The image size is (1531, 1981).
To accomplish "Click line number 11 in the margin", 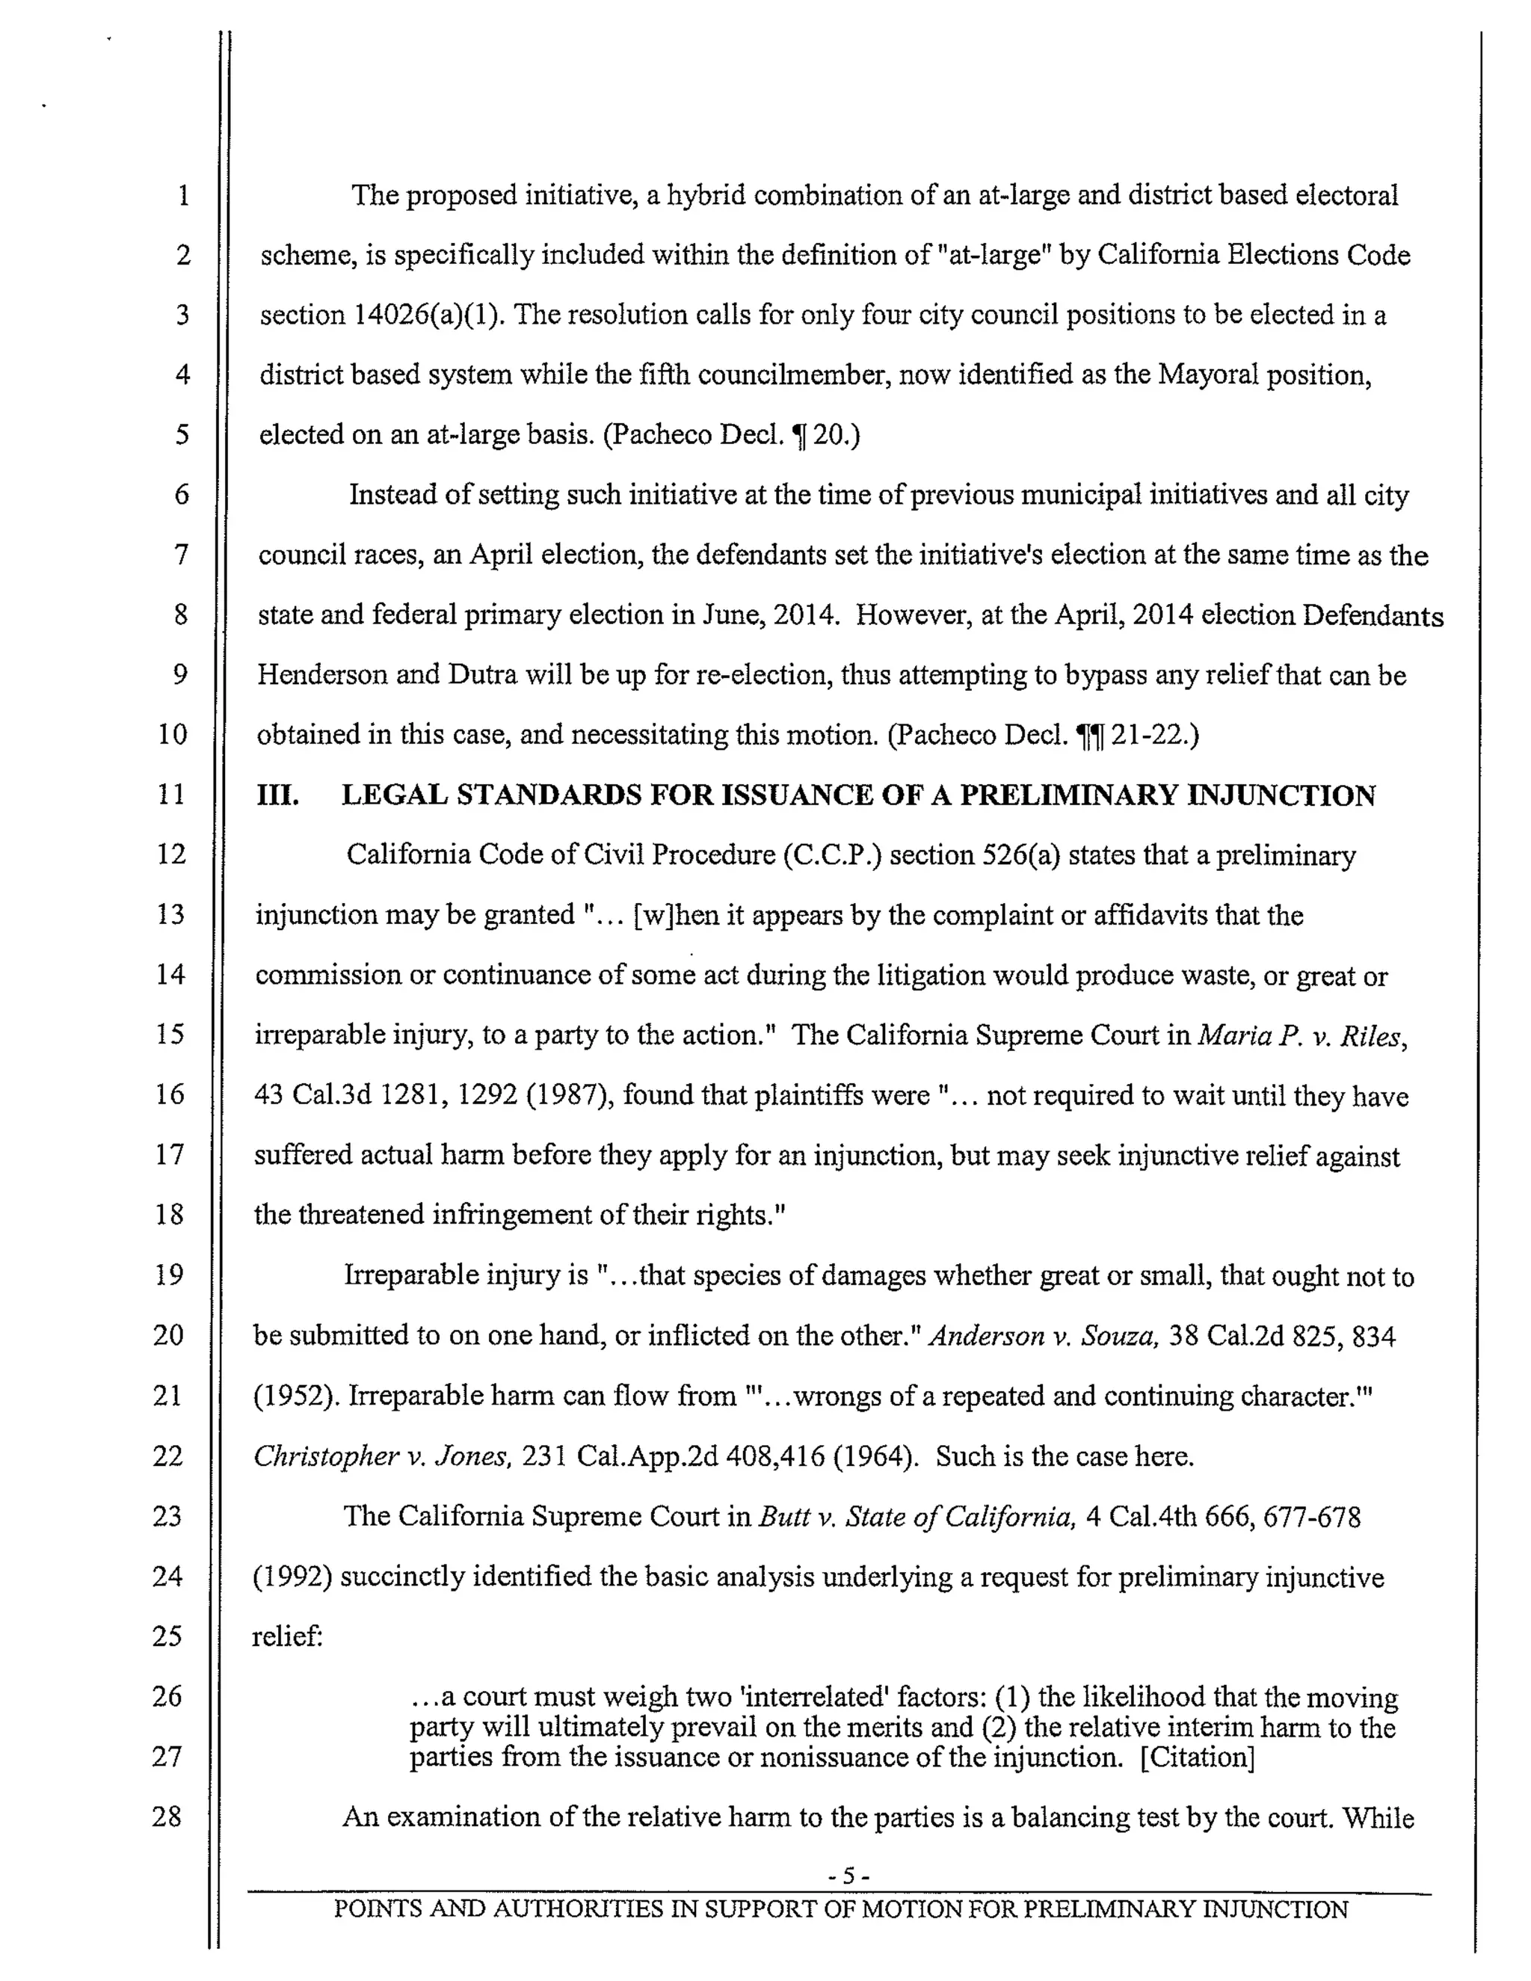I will (170, 794).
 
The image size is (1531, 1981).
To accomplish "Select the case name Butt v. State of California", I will (916, 1517).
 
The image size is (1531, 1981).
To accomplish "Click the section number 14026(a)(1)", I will (427, 315).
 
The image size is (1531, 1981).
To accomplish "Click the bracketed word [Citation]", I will (1198, 1758).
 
